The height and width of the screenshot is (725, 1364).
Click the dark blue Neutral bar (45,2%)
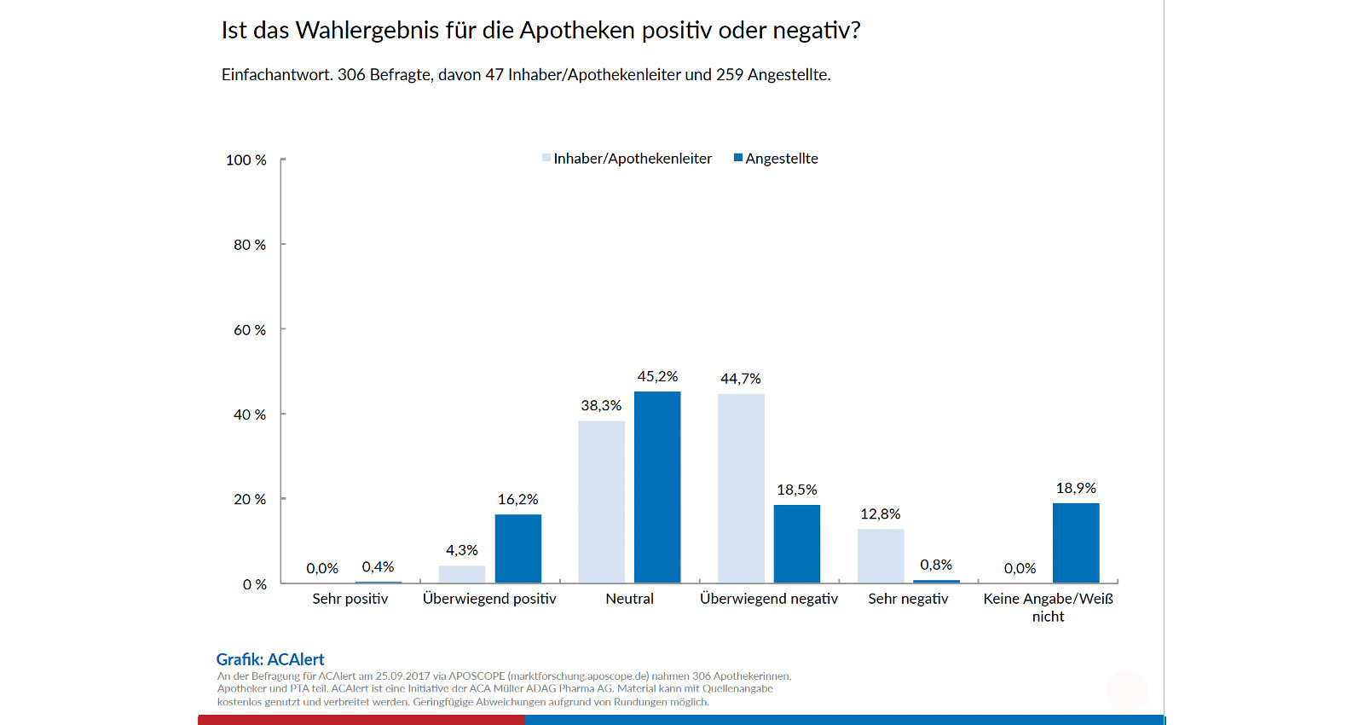(x=657, y=487)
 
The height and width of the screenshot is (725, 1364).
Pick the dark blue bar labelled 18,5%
(x=797, y=544)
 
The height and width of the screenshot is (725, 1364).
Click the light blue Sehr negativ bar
(x=881, y=556)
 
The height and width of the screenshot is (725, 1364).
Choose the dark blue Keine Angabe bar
(x=1076, y=543)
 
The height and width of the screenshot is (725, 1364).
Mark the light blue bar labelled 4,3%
(x=461, y=574)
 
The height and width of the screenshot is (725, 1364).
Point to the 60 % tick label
(x=250, y=330)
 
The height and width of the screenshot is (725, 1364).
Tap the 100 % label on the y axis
(x=246, y=160)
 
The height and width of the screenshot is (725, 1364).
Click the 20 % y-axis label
(x=250, y=500)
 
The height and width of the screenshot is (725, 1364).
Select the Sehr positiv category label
(x=350, y=599)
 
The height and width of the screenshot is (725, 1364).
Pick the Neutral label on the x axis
(x=629, y=599)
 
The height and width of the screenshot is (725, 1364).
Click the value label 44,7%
(x=740, y=379)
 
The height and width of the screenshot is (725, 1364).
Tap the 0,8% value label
(x=936, y=565)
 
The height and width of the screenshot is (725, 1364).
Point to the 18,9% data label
(x=1076, y=488)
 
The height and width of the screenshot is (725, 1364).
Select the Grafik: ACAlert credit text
(x=270, y=659)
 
